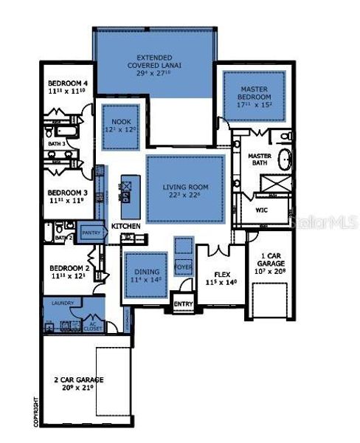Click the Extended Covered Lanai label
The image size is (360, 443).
[x=154, y=66]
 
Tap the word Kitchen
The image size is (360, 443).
[x=126, y=225]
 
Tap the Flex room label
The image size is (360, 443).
[x=218, y=278]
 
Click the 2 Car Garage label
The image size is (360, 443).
[x=79, y=384]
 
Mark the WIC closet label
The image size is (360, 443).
[x=261, y=210]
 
